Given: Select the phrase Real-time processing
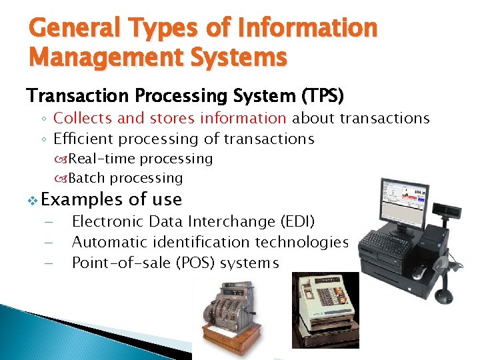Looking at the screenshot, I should click(140, 159).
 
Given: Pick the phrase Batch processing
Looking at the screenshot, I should click(125, 178).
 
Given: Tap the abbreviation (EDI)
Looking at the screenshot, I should click(295, 221).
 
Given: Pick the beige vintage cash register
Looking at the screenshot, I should click(325, 308).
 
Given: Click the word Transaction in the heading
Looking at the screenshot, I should click(73, 96).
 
